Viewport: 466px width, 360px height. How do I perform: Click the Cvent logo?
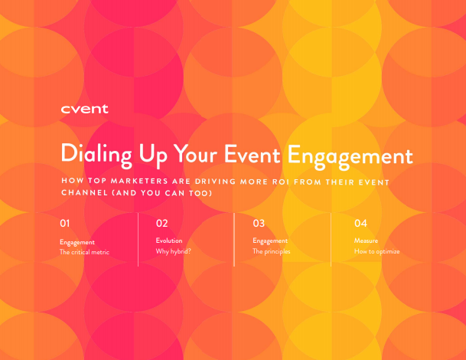point(84,110)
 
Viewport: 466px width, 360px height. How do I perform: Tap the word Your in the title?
point(195,155)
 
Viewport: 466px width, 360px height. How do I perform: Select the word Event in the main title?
point(252,155)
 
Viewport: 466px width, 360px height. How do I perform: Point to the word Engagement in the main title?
point(350,157)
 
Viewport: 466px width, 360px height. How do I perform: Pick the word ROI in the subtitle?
point(281,182)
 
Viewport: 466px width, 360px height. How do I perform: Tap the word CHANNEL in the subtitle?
point(84,192)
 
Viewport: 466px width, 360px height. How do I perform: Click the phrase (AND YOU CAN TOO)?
point(162,193)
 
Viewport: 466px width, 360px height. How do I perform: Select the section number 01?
point(65,223)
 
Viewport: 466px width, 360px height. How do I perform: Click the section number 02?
point(162,223)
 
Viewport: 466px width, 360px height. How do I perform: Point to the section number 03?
point(259,223)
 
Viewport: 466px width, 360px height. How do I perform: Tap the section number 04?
point(360,223)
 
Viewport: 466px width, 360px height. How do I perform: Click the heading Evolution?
point(169,241)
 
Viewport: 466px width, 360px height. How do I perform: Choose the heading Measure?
point(366,241)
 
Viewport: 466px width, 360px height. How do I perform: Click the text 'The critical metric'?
point(84,252)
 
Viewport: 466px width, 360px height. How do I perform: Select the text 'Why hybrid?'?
point(173,251)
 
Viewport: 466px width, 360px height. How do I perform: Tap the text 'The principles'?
point(272,251)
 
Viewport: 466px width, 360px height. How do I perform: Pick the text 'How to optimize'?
point(376,251)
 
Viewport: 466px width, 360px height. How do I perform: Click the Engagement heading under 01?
point(77,243)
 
